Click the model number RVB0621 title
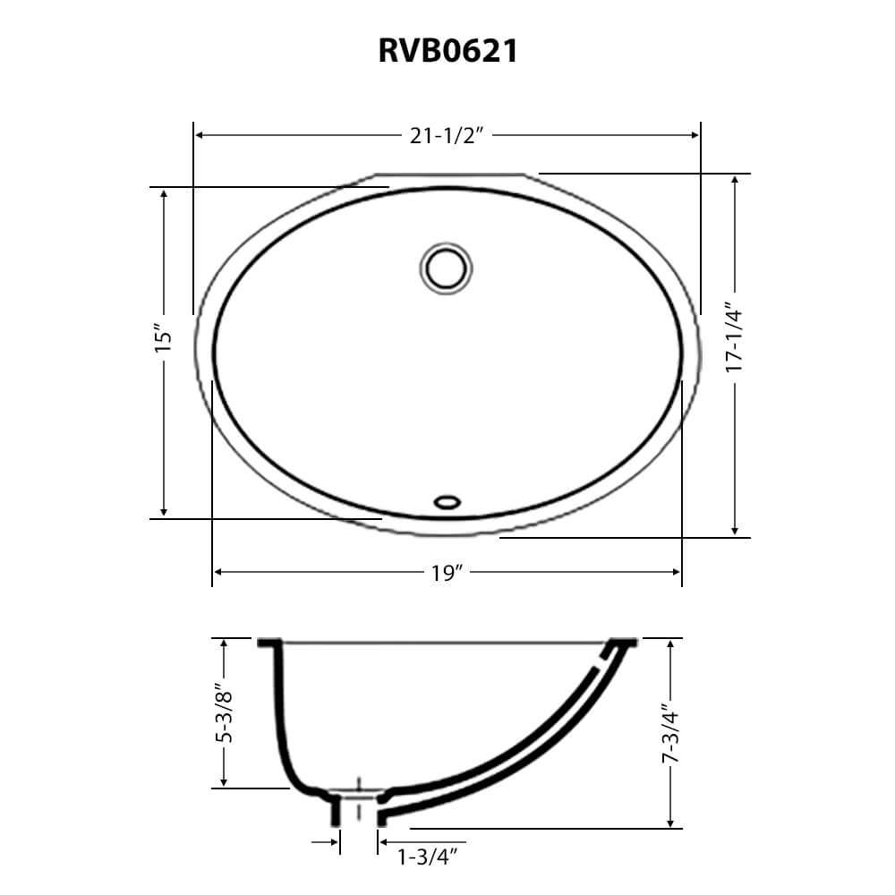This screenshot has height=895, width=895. [x=448, y=51]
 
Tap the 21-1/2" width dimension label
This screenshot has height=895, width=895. [x=447, y=136]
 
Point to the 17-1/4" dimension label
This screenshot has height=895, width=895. [x=734, y=338]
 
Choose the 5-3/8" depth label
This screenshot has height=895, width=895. [x=224, y=713]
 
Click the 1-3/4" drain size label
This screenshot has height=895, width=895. [x=428, y=857]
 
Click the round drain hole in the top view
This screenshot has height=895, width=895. [x=446, y=268]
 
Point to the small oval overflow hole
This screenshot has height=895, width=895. [x=447, y=502]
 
